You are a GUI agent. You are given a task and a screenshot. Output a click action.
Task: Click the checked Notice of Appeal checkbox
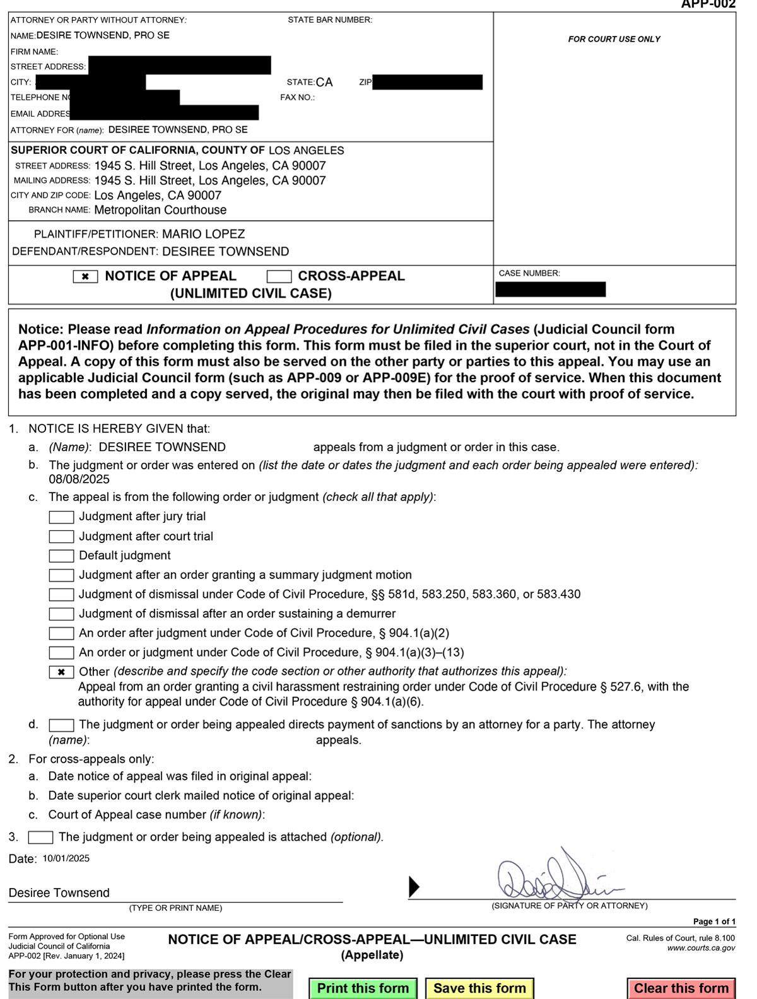[x=85, y=277]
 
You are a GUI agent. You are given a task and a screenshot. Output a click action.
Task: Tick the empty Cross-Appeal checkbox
[x=279, y=277]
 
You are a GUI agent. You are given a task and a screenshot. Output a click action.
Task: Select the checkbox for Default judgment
[x=61, y=556]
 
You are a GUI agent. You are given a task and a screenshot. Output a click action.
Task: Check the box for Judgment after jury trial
[x=61, y=517]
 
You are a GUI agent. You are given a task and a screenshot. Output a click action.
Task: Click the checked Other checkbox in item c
[x=61, y=672]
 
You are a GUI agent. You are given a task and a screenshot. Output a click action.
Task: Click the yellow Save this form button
[x=479, y=988]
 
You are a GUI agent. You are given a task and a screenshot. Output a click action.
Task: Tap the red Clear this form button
[x=681, y=988]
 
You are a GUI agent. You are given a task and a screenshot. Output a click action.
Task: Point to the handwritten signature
[x=555, y=879]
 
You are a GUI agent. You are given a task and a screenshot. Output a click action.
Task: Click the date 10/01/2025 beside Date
[x=66, y=858]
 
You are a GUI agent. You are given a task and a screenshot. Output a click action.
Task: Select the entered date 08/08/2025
[x=79, y=479]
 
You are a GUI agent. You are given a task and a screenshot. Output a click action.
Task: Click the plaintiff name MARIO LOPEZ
[x=203, y=234]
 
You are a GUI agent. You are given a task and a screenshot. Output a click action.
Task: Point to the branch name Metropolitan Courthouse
[x=160, y=210]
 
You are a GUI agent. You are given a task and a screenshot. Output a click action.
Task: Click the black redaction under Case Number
[x=550, y=289]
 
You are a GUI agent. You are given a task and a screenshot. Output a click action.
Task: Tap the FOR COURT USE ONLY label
[x=614, y=39]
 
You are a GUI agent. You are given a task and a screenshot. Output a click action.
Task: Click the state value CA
[x=324, y=83]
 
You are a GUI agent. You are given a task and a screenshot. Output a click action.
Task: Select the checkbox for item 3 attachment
[x=41, y=838]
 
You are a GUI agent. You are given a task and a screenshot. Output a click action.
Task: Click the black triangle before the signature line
[x=414, y=887]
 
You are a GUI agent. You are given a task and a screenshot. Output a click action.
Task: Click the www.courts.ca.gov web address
[x=701, y=948]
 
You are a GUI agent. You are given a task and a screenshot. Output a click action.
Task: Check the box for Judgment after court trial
[x=61, y=537]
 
